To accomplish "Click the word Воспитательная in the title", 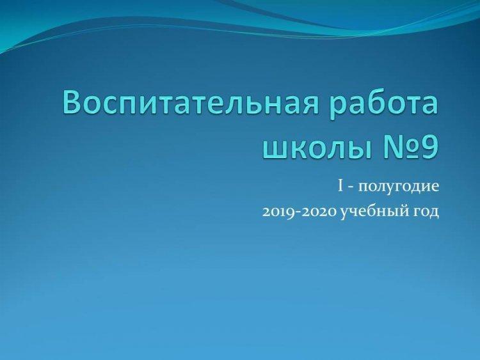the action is click(x=192, y=103).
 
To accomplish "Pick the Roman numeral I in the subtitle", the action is click(x=340, y=187).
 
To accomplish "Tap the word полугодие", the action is click(x=398, y=187).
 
